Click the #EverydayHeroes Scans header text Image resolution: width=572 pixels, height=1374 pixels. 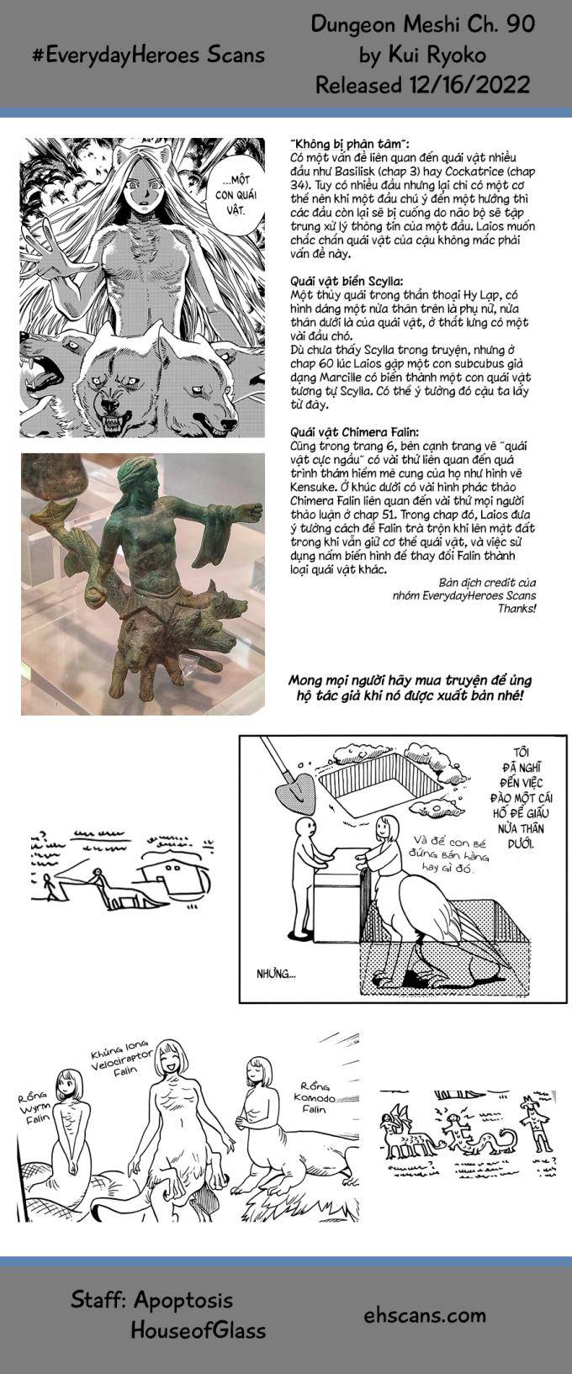(148, 55)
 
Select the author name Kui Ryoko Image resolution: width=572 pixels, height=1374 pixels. (422, 55)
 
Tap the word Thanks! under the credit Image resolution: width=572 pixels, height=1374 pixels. (516, 607)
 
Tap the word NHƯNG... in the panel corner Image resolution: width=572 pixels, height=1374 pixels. (276, 975)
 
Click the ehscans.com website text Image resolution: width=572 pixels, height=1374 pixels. (425, 1314)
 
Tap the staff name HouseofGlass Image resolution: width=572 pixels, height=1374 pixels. (198, 1329)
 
